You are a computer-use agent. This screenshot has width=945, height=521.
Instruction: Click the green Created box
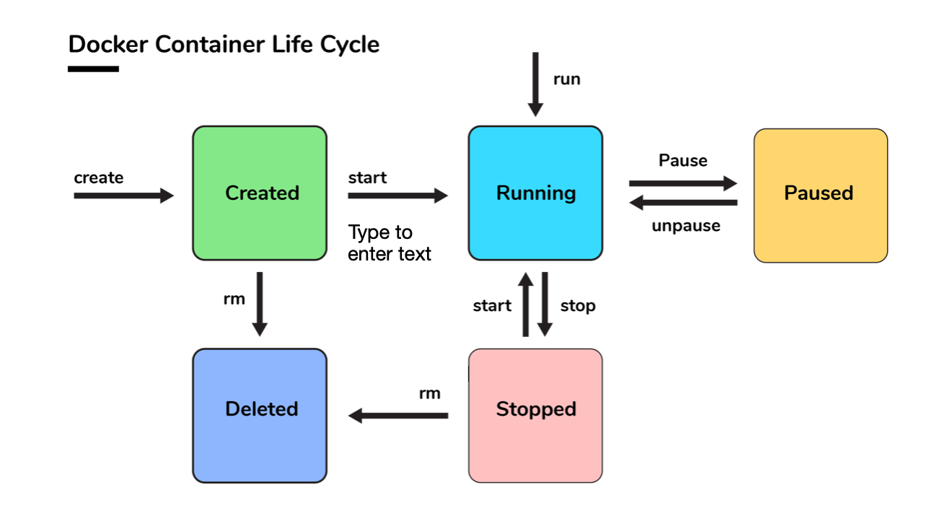point(260,193)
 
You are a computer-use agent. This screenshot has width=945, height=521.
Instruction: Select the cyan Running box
point(535,193)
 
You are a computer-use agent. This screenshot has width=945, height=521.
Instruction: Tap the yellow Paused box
point(820,196)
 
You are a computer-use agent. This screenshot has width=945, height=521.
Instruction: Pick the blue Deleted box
point(260,416)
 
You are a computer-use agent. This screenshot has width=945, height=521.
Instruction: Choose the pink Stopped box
point(535,416)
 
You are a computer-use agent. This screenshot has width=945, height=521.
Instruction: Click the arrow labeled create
point(123,196)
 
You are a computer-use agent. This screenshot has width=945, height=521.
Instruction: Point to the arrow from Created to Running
point(397,196)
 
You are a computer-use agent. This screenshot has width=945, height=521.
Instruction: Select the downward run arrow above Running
point(535,84)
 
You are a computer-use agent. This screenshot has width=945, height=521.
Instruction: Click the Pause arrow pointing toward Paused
point(683,183)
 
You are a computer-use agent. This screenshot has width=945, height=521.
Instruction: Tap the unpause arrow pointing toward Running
point(683,203)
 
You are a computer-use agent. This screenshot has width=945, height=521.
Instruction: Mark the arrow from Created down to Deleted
point(260,305)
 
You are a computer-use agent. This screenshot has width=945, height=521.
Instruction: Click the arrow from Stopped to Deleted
point(397,416)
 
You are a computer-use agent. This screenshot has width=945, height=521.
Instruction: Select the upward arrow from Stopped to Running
point(526,305)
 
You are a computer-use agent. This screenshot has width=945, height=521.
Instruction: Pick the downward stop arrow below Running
point(545,305)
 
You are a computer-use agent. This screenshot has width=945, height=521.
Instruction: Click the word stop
point(578,306)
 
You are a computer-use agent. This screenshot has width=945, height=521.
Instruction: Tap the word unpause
point(686,226)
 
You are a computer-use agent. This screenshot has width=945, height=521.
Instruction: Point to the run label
point(566,79)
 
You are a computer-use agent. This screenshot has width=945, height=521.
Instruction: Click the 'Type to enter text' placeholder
point(389,243)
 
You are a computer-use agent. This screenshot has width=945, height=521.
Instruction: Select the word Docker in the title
point(108,44)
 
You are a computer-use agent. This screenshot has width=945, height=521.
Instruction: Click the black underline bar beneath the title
point(93,69)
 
